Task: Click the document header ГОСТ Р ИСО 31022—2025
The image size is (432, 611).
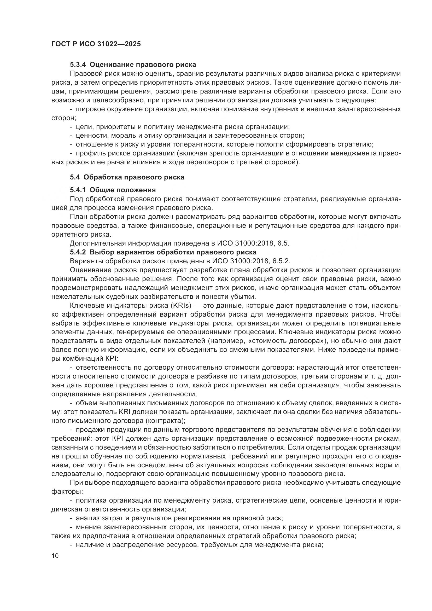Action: pos(96,44)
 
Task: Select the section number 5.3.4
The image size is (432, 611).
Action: pos(78,65)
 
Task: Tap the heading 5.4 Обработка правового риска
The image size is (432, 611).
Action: pos(127,177)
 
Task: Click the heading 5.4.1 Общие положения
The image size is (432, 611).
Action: pos(113,190)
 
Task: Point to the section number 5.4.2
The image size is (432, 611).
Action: pos(78,252)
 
